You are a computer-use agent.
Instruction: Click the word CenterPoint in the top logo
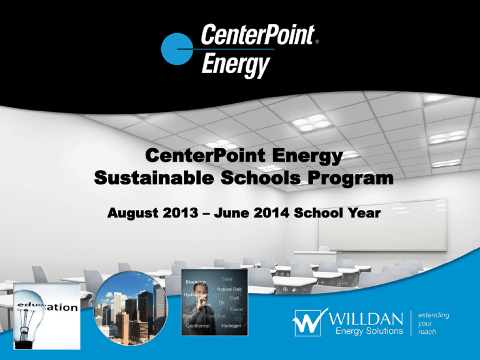(x=256, y=36)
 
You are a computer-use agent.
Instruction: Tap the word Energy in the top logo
(x=235, y=64)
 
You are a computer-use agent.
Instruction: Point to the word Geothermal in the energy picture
(x=197, y=326)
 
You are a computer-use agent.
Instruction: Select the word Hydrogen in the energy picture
(x=232, y=326)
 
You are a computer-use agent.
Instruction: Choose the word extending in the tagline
(x=433, y=316)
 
